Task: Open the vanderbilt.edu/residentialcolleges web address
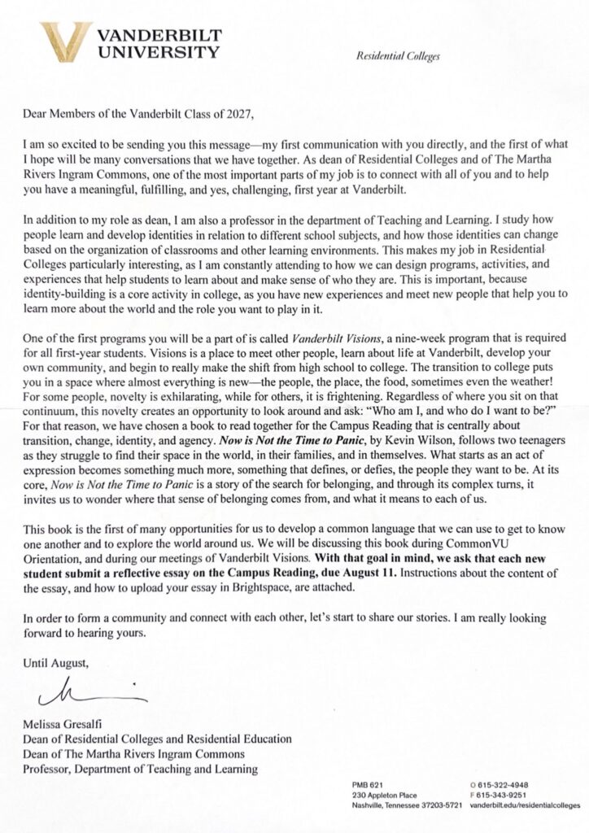point(529,805)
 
